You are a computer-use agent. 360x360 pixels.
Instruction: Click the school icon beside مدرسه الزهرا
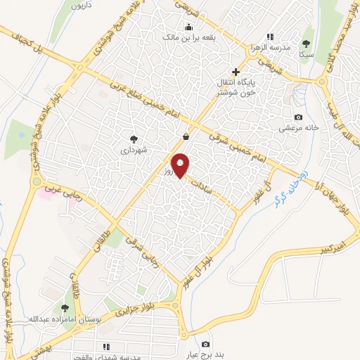(x=269, y=37)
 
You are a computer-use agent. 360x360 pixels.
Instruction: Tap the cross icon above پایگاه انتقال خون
(x=236, y=72)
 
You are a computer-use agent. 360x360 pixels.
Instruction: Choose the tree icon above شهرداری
(x=134, y=139)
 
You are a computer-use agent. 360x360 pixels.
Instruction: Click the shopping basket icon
(x=186, y=137)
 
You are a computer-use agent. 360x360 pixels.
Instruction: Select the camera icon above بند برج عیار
(x=205, y=344)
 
